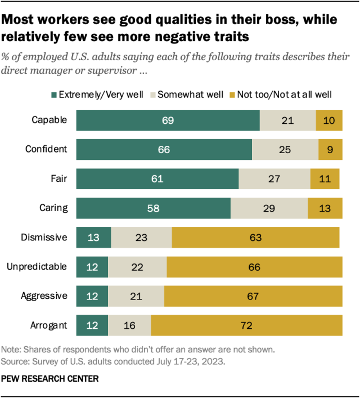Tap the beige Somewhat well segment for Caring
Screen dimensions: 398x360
269,208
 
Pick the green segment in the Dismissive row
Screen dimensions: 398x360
93,238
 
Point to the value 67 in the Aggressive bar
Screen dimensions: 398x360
253,296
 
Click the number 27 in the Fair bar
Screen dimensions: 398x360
274,179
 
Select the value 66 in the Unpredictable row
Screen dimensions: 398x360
254,267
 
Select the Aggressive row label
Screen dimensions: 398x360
44,296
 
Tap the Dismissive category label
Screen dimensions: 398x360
44,238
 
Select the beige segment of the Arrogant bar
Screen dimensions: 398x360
129,325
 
